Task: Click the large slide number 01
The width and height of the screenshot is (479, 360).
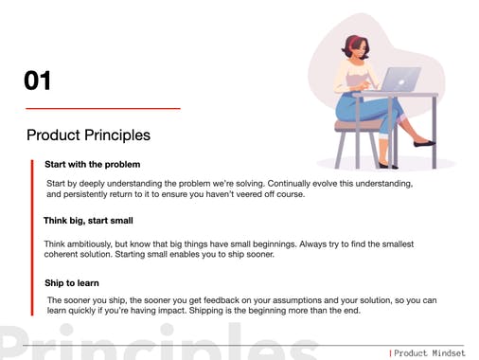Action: tap(38, 81)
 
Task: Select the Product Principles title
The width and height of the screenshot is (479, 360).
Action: tap(87, 135)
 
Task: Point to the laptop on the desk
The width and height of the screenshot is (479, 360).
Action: tap(401, 80)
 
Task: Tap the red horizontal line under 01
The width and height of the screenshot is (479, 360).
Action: tap(101, 109)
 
